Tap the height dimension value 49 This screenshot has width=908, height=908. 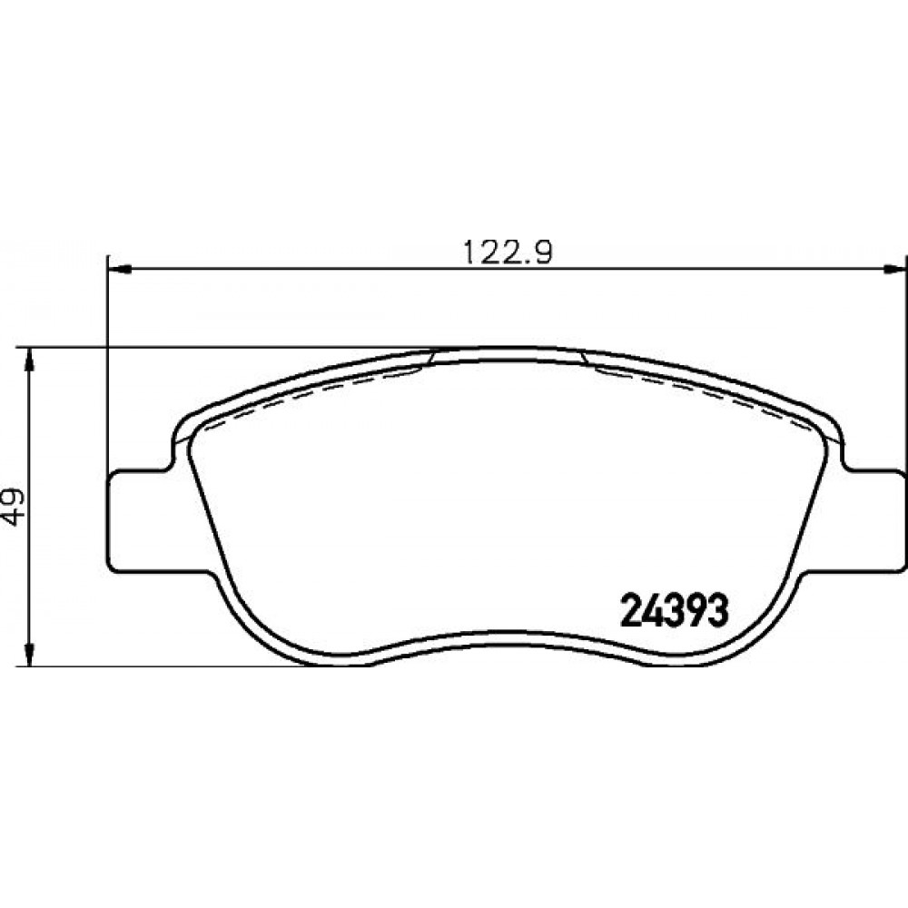[14, 508]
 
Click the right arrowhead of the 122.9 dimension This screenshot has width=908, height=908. [894, 269]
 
